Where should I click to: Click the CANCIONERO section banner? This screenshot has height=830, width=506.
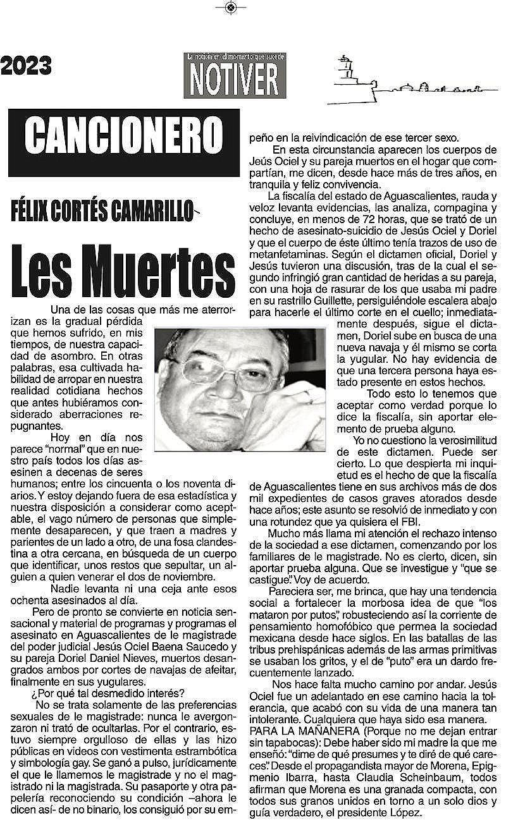tap(124, 134)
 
